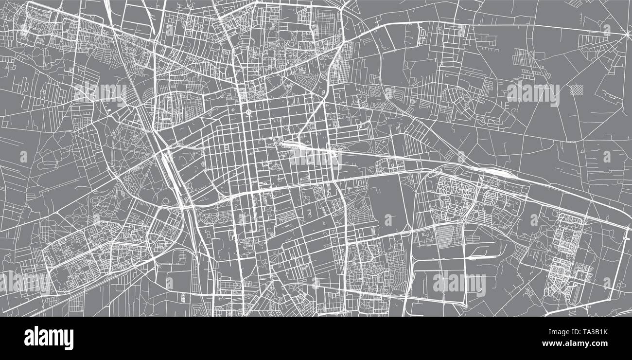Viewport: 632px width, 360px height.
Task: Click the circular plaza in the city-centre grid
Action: click(248, 113)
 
